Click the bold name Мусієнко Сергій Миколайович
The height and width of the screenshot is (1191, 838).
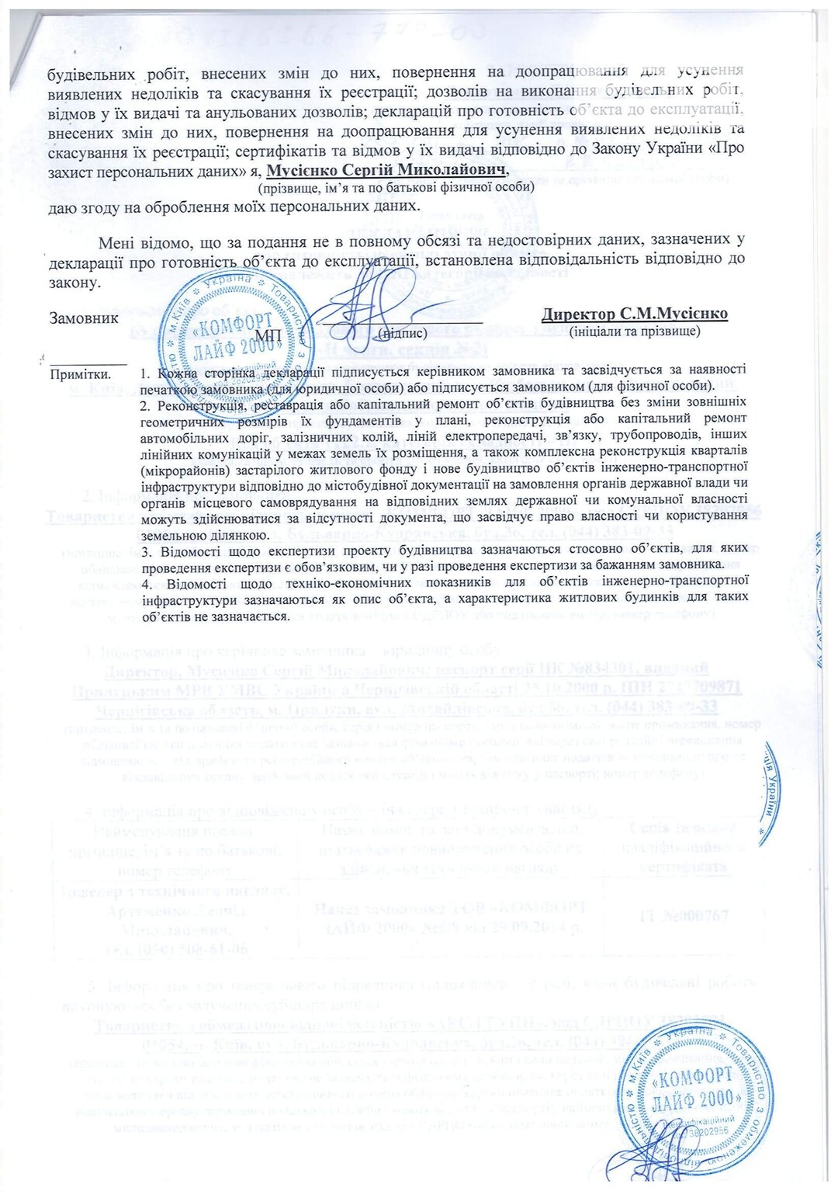point(386,169)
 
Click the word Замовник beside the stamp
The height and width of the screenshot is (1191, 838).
point(84,318)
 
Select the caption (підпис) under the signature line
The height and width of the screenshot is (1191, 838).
point(402,333)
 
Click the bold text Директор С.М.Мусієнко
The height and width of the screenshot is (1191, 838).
point(634,314)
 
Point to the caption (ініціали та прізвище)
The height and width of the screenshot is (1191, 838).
point(634,332)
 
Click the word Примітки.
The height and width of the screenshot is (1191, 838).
point(80,374)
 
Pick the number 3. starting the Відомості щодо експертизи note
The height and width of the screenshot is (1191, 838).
point(146,551)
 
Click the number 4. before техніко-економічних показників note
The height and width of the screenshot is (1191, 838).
point(146,580)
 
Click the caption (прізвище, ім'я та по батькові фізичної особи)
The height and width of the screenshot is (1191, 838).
point(396,187)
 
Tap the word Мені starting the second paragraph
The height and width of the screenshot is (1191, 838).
point(117,242)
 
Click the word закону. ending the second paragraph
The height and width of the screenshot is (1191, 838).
point(74,282)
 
